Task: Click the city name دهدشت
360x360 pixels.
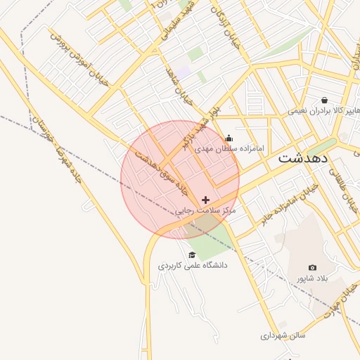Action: pos(303,158)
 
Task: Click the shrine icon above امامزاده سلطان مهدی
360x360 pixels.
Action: pos(229,139)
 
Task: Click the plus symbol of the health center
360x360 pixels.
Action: pos(205,200)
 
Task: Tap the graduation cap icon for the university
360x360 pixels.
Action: pos(192,255)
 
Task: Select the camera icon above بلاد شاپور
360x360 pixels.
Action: pos(312,268)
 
